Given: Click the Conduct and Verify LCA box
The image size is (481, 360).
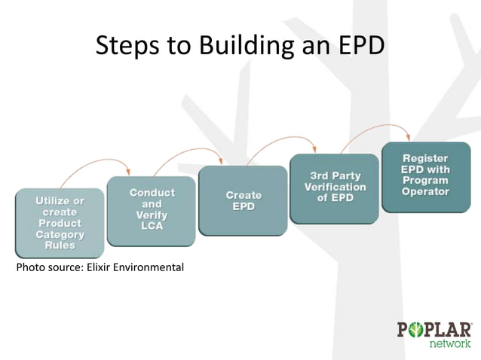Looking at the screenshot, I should (x=152, y=211).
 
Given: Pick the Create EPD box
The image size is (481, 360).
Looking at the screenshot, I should (x=243, y=201).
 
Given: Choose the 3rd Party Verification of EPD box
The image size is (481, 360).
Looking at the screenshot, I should (x=335, y=188).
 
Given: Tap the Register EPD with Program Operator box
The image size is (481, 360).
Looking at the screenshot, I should (x=425, y=178).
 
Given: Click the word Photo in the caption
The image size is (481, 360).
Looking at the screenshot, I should (x=29, y=267).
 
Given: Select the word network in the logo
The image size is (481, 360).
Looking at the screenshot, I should (x=450, y=343).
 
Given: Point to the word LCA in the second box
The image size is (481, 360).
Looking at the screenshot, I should (x=152, y=227).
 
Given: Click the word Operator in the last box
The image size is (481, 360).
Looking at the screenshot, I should (x=425, y=191).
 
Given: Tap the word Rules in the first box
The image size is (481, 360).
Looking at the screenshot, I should (x=60, y=245).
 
